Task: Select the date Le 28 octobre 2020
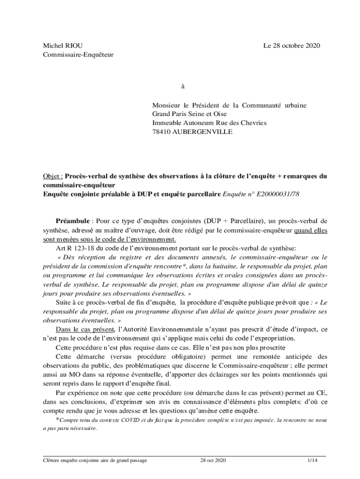click(292, 45)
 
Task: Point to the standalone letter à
click(183, 87)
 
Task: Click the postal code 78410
click(162, 132)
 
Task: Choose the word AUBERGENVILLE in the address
click(202, 132)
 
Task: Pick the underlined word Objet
click(52, 176)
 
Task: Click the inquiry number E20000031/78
click(274, 194)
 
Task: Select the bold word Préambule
click(72, 220)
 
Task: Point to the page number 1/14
click(312, 461)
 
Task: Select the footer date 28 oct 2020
click(213, 461)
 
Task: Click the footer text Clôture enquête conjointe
click(74, 461)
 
